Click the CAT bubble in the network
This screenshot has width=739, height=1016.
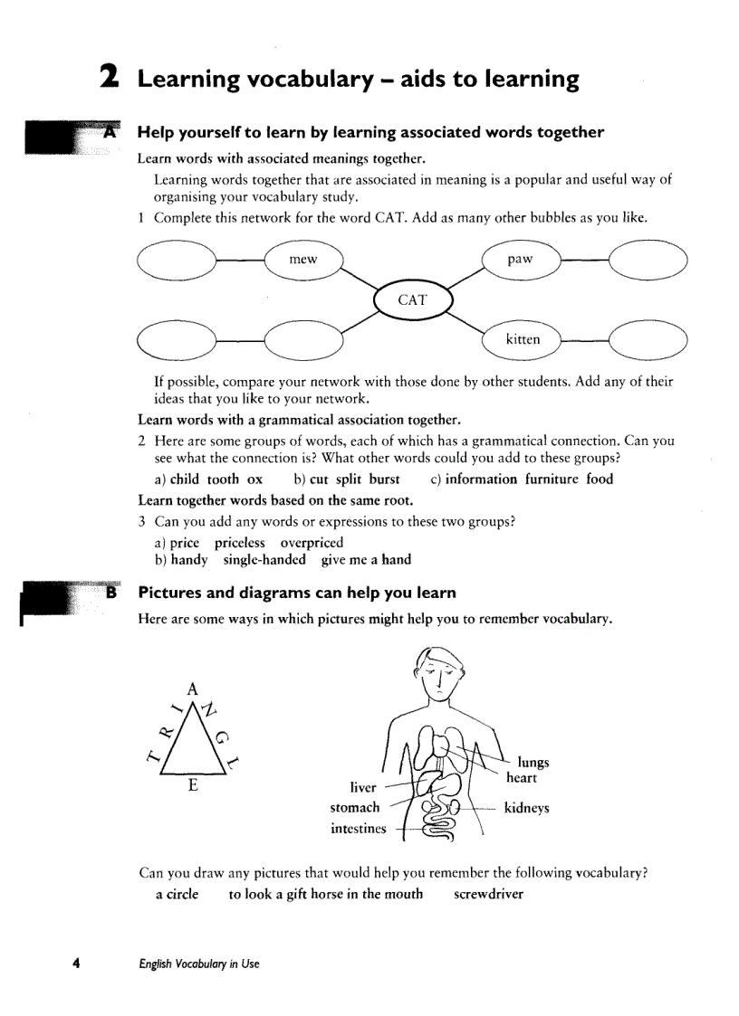[412, 300]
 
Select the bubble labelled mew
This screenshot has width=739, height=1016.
[303, 260]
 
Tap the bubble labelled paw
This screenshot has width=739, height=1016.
[521, 260]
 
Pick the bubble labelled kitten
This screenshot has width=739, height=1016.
[523, 339]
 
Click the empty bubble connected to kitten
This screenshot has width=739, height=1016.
[648, 340]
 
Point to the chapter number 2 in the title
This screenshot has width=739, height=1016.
[110, 78]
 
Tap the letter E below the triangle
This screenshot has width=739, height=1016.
[193, 784]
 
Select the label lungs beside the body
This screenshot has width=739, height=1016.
[533, 762]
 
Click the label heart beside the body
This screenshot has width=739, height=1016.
[522, 778]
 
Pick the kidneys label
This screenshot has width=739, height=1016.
[526, 808]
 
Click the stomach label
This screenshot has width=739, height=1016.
[355, 808]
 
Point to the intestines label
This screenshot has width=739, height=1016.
[358, 829]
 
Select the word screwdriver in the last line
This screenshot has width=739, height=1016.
[488, 894]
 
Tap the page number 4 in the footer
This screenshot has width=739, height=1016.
[78, 963]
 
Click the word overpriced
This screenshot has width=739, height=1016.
[312, 543]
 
